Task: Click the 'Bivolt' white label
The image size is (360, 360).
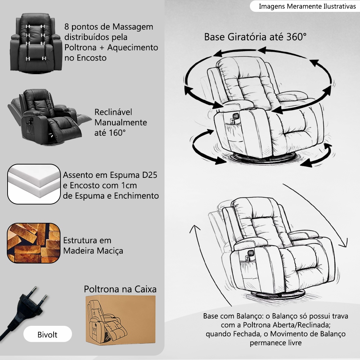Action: click(48, 334)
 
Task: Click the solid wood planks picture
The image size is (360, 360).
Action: click(34, 243)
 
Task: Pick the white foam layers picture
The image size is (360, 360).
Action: click(34, 184)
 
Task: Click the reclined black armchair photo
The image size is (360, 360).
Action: click(49, 117)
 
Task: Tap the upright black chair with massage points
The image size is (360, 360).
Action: click(36, 43)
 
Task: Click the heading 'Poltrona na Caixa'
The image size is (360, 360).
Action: click(120, 289)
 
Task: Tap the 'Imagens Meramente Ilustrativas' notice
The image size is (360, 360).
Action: click(307, 6)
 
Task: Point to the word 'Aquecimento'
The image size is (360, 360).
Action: click(133, 48)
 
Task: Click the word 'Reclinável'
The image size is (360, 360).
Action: click(113, 112)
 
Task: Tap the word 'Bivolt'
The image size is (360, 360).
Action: click(48, 334)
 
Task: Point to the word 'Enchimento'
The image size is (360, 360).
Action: click(136, 196)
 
